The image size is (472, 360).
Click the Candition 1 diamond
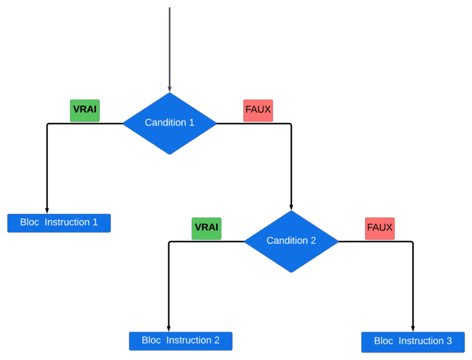click(170, 123)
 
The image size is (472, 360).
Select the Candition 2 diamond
click(291, 241)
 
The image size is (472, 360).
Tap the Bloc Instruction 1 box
click(59, 222)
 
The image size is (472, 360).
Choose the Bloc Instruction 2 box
click(181, 340)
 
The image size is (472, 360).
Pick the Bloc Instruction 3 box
click(413, 342)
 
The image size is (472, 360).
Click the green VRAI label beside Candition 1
click(85, 110)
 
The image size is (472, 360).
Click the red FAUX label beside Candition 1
click(258, 111)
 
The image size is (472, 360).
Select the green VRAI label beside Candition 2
click(206, 228)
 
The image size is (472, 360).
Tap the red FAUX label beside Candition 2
click(380, 228)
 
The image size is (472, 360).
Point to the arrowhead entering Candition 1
click(170, 89)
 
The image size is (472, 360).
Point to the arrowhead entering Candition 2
click(291, 207)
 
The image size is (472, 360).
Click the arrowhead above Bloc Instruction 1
click(47, 210)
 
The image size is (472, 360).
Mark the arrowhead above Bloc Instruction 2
click(169, 328)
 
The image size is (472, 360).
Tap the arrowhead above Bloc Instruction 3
click(412, 329)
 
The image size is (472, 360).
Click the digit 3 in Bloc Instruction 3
click(449, 342)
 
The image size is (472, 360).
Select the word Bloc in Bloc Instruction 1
click(29, 222)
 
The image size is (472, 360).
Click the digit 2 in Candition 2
click(313, 241)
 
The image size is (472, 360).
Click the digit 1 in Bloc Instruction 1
click(95, 222)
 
